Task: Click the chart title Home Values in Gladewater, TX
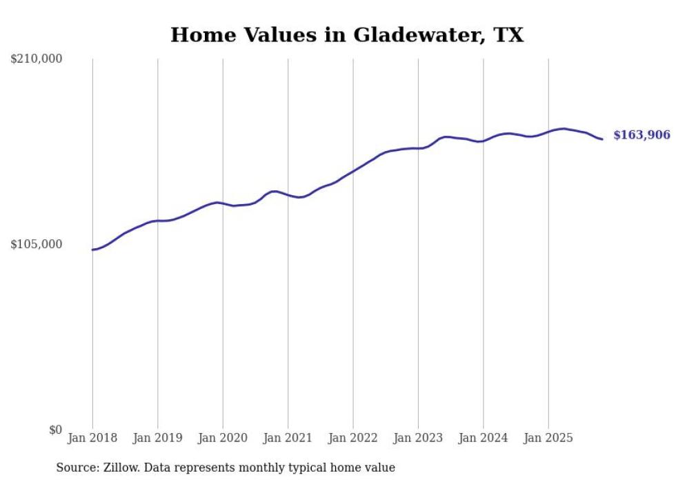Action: (347, 34)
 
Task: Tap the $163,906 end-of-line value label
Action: (642, 135)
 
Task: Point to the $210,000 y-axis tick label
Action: (37, 59)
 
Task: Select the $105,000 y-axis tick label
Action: (37, 245)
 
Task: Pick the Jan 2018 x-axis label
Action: (92, 438)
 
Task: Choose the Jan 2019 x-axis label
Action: (157, 438)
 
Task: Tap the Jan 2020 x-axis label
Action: (223, 438)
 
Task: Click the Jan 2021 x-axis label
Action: (288, 438)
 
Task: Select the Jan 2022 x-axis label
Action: (353, 438)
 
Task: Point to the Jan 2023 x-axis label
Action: (418, 438)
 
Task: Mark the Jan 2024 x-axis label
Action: (484, 438)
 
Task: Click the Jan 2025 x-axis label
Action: (548, 438)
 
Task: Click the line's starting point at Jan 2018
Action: (92, 250)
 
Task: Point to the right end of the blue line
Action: (602, 139)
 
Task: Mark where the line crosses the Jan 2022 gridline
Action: (353, 170)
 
